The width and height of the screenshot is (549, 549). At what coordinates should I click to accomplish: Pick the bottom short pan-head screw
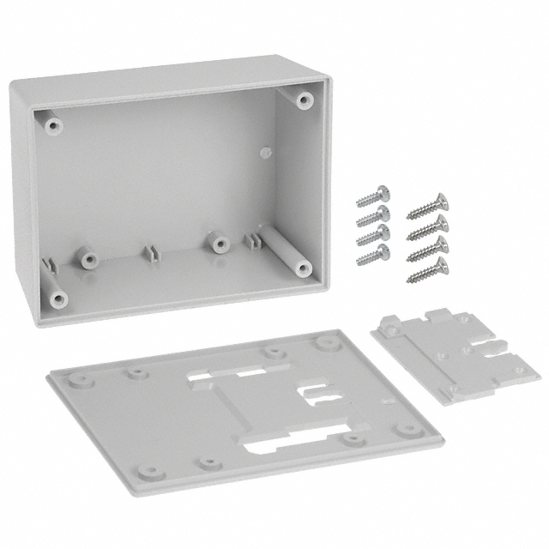[371, 252]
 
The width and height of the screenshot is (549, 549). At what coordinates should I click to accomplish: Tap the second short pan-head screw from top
[371, 216]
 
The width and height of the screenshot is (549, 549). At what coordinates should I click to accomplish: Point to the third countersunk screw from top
[426, 249]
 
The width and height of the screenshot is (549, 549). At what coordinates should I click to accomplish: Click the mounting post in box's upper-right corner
[303, 99]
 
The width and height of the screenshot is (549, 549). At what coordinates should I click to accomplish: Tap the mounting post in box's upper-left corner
[54, 126]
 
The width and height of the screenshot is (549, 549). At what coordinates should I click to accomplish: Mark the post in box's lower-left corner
[57, 298]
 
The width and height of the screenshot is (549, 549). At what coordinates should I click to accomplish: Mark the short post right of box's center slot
[216, 241]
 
